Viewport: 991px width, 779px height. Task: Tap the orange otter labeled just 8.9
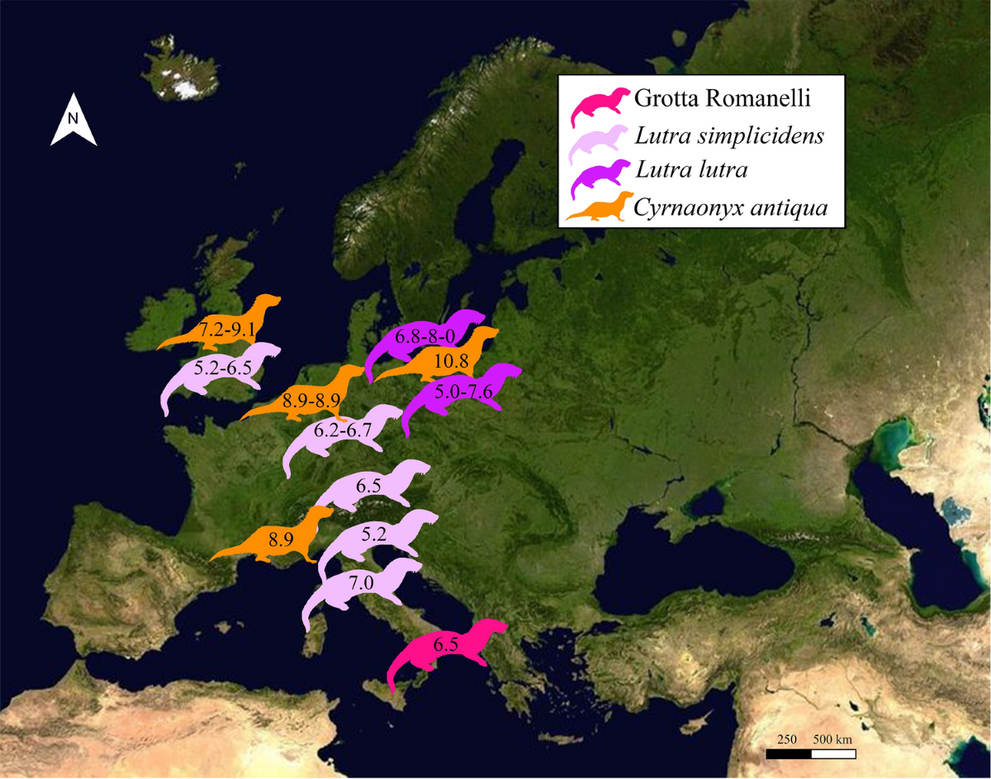click(277, 541)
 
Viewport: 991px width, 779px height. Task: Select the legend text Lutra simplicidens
click(729, 136)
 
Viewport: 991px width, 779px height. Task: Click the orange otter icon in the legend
click(600, 208)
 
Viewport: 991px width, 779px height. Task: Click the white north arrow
click(73, 121)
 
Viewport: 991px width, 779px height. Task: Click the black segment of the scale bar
click(789, 753)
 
